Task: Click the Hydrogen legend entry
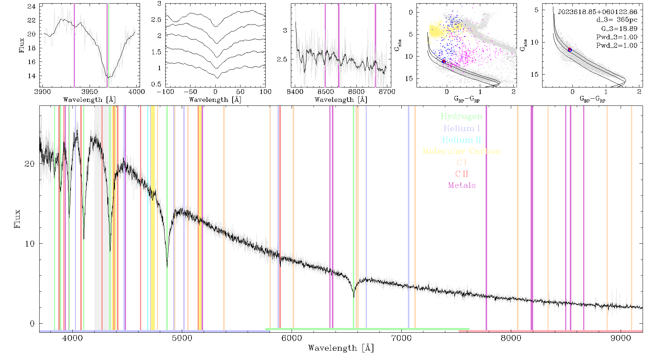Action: [462, 116]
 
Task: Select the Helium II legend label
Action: [462, 140]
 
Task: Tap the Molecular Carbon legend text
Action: [462, 151]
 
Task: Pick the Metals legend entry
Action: [462, 185]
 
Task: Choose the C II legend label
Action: [462, 174]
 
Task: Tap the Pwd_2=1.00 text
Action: [617, 45]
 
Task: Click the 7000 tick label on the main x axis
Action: [401, 338]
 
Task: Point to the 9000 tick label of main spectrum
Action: [621, 338]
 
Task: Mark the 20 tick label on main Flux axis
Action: [30, 164]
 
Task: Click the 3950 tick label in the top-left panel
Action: [90, 92]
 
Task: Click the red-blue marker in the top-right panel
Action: [570, 50]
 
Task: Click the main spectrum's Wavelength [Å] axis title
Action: [341, 348]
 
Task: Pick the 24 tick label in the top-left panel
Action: [32, 6]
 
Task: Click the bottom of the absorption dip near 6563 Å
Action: [354, 297]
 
